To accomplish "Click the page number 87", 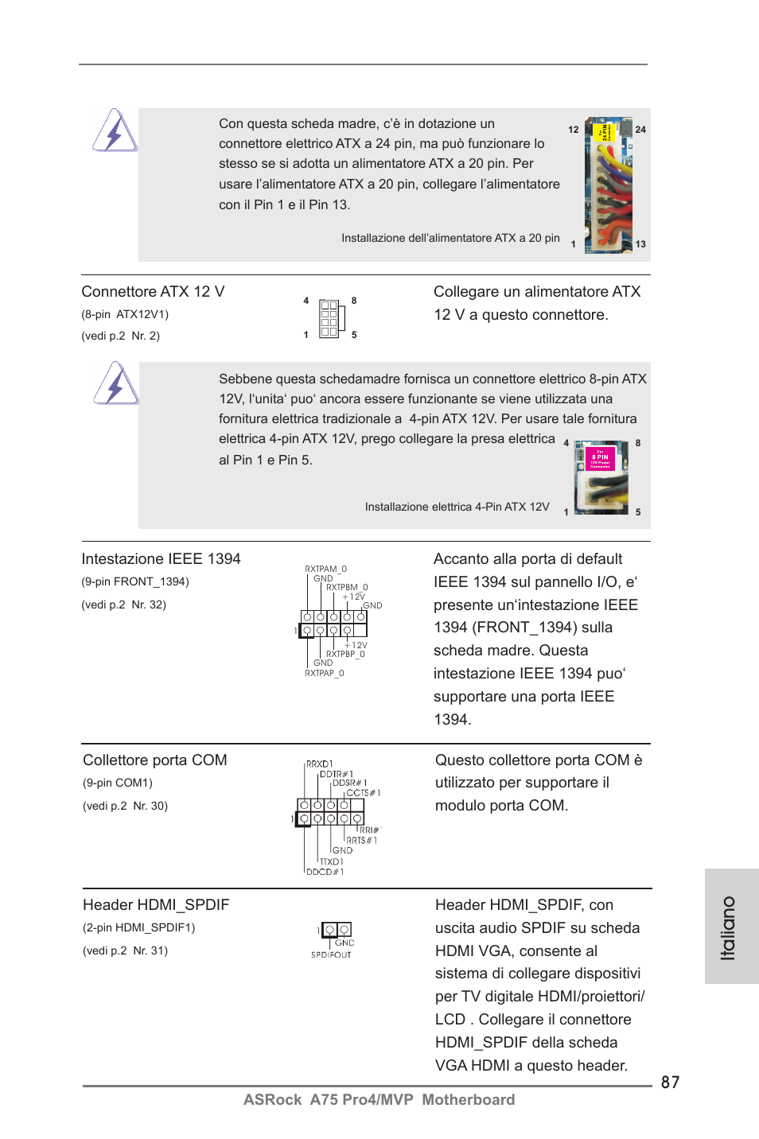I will pos(670,1082).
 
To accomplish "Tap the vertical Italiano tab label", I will pos(727,927).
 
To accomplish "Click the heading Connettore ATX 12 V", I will pos(153,292).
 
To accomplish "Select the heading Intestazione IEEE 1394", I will pos(161,559).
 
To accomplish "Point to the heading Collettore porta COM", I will pos(155,760).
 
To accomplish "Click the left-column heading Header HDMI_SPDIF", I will pos(156,905).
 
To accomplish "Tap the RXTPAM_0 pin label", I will pos(325,569).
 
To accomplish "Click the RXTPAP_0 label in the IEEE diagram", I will pos(324,673).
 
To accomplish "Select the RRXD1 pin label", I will pos(319,764).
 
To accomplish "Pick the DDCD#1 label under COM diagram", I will pos(325,872).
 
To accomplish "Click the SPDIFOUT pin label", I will pos(331,954).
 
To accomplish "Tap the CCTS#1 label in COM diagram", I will pos(363,792).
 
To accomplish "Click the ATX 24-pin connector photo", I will pos(609,185).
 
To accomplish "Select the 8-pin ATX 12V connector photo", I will pos(601,477).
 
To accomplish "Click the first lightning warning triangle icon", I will pos(115,131).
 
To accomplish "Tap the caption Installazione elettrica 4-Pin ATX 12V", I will pos(457,507).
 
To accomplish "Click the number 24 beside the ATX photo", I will pos(640,130).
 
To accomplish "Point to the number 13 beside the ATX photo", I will pos(640,244).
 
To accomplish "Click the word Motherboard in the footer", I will pos(468,1099).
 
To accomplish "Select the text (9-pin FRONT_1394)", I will pos(135,581).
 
